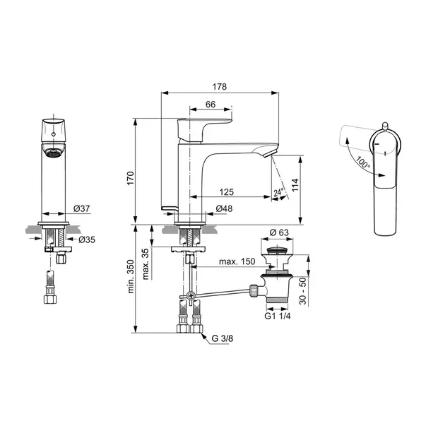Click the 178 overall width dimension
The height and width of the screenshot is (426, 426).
tap(220, 87)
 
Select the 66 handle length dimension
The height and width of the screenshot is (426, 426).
tap(211, 105)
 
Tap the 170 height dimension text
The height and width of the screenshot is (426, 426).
tap(131, 178)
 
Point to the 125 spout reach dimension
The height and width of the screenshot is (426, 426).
tap(227, 192)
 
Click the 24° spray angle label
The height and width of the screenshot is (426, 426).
tap(279, 192)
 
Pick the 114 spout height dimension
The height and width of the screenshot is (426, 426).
tap(295, 185)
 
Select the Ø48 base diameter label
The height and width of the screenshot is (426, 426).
tap(224, 208)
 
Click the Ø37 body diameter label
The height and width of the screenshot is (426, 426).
tap(81, 208)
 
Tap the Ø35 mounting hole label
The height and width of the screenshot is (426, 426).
tap(87, 239)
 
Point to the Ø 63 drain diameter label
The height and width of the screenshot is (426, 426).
tap(279, 232)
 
